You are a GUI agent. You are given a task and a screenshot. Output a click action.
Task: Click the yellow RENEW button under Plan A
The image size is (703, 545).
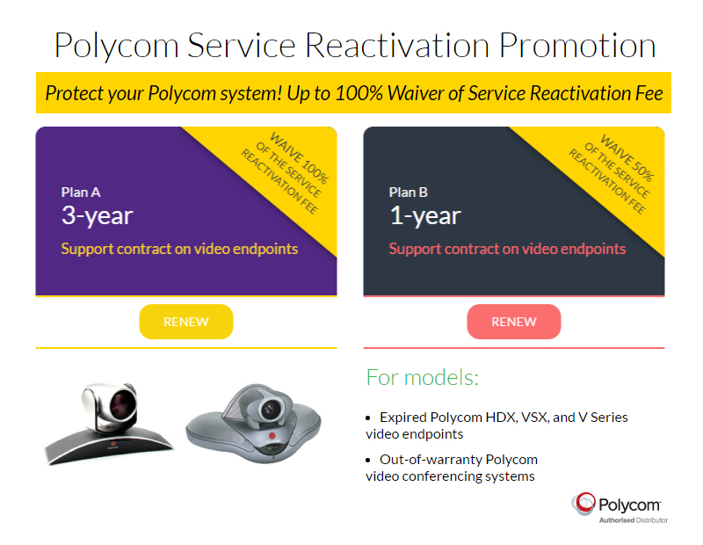[x=186, y=322]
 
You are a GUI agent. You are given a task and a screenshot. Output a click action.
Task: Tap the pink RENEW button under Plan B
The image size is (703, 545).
[x=514, y=322]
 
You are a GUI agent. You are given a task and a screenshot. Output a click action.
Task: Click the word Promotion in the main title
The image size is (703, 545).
[x=577, y=47]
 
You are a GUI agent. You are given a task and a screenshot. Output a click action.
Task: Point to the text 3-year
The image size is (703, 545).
[x=98, y=215]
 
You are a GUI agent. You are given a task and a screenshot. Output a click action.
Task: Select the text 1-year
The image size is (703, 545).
[x=425, y=215]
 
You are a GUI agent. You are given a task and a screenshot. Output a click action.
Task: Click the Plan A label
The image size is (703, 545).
[x=81, y=193]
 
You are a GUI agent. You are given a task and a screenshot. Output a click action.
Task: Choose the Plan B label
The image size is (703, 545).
[x=409, y=193]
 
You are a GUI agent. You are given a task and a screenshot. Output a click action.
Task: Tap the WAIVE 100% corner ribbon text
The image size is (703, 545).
[x=300, y=158]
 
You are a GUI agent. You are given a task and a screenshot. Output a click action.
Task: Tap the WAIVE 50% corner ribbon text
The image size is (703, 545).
[x=627, y=158]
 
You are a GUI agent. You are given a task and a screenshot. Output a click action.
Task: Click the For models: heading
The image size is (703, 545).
[x=423, y=378]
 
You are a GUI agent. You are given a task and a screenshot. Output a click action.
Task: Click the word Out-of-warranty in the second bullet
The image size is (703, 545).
[x=431, y=460]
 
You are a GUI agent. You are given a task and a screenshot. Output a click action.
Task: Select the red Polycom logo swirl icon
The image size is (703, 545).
[x=583, y=504]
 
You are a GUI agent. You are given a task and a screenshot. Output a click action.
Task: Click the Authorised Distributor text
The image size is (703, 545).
[x=634, y=520]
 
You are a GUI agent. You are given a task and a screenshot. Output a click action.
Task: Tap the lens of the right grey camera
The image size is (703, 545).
[x=270, y=408]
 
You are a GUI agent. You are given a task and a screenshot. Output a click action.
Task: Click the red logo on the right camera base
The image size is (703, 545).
[x=272, y=436]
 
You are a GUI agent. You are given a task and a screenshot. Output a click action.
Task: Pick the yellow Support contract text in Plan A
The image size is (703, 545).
[x=179, y=249]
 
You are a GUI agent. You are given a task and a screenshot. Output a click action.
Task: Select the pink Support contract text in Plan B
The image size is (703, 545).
[x=507, y=249]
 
